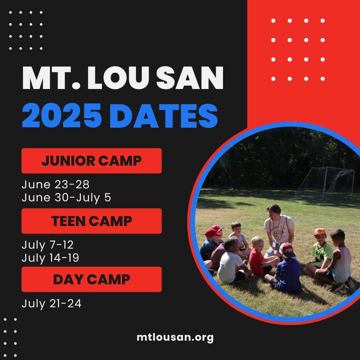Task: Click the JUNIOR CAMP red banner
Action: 91,160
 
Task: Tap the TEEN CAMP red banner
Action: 91,221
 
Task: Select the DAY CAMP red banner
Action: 91,279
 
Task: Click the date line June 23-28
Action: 55,184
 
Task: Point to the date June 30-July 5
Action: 66,197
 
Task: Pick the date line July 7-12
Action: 47,244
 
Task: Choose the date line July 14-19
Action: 50,258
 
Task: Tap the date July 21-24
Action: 51,303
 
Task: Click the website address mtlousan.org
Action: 175,337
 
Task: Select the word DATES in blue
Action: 163,115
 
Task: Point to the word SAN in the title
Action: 190,77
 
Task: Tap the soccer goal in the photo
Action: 325,183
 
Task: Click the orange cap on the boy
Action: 319,231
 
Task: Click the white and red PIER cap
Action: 287,250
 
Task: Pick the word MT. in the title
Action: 51,77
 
